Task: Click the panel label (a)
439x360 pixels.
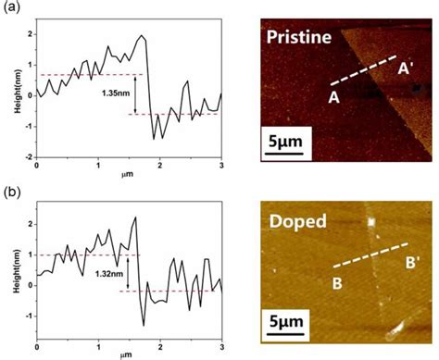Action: tap(12, 12)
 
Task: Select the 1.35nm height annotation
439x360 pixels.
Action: tap(115, 93)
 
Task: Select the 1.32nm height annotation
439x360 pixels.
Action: tap(109, 273)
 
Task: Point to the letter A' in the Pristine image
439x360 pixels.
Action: tap(405, 68)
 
